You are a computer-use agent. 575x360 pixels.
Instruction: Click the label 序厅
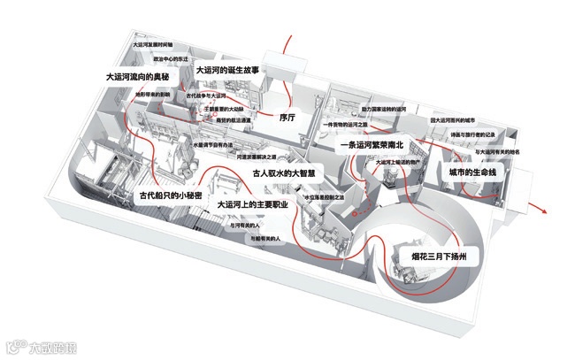click(286, 116)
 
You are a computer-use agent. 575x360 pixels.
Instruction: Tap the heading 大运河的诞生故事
click(227, 69)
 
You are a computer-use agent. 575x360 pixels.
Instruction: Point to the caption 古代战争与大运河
click(207, 94)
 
